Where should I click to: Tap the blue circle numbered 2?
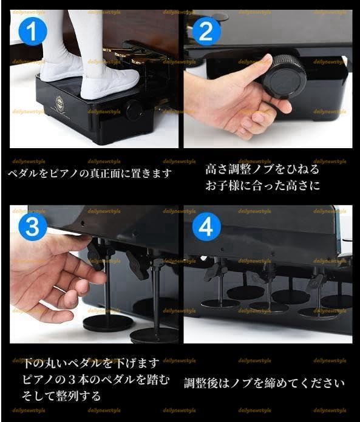(206, 31)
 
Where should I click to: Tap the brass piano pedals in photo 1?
(137, 58)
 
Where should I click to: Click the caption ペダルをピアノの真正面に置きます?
(90, 173)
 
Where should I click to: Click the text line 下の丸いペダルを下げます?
(90, 364)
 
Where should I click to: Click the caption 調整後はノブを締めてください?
(264, 383)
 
